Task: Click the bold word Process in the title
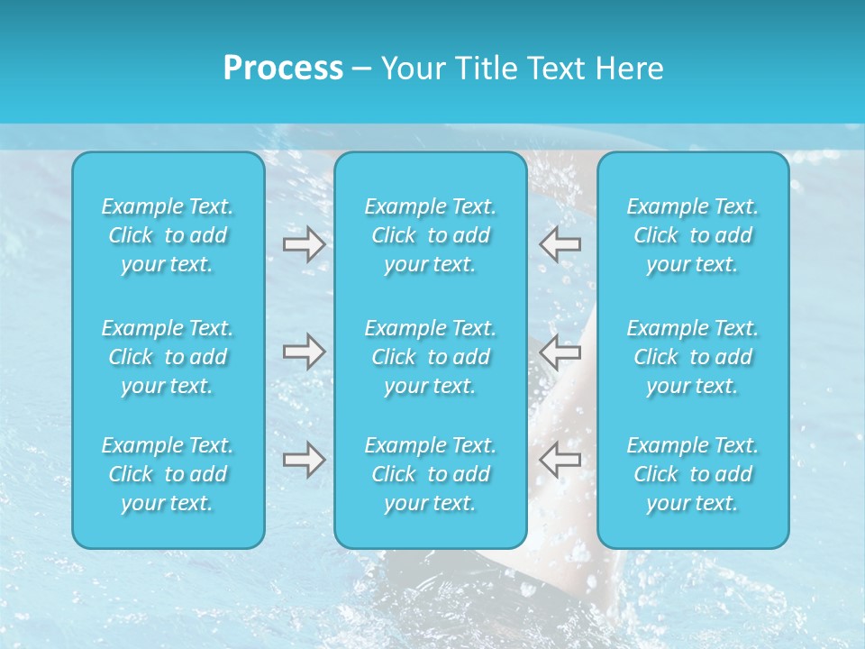click(x=283, y=69)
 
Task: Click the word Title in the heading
click(x=485, y=69)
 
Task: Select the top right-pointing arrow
click(x=304, y=244)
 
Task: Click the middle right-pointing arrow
click(x=304, y=352)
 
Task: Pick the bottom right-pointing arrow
click(x=304, y=460)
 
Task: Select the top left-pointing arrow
click(x=560, y=244)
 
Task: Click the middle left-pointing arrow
click(x=560, y=352)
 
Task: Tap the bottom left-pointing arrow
click(x=560, y=460)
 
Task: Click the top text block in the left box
click(x=168, y=235)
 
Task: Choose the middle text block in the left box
click(x=168, y=357)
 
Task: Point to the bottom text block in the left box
click(x=168, y=474)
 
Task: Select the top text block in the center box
click(x=431, y=235)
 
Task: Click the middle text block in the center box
click(x=431, y=357)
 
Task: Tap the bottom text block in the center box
click(x=431, y=474)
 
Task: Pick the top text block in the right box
click(x=693, y=235)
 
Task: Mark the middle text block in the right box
click(x=693, y=357)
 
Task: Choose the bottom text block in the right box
click(x=693, y=474)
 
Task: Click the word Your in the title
click(x=414, y=69)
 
